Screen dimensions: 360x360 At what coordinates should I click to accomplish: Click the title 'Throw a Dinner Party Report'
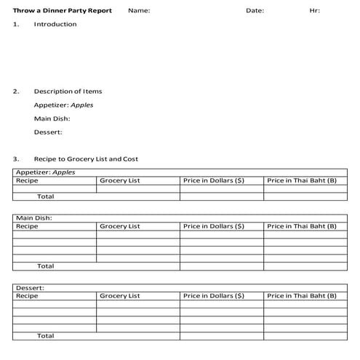click(x=62, y=11)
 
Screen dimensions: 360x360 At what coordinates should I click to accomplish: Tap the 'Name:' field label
click(x=138, y=11)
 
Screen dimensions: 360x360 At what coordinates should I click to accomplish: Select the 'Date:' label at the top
click(x=255, y=11)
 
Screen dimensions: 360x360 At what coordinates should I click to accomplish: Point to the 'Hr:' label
click(x=314, y=11)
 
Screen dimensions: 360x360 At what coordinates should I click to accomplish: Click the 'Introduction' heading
click(x=55, y=25)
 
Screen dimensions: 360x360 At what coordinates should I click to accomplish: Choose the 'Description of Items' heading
click(x=68, y=92)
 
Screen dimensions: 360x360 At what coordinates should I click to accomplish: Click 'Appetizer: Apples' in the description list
click(x=63, y=105)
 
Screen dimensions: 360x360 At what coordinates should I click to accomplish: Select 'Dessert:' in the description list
click(x=48, y=132)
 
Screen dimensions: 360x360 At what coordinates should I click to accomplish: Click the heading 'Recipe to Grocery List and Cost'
click(x=86, y=159)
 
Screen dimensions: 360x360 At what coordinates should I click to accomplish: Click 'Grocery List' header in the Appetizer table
click(x=120, y=180)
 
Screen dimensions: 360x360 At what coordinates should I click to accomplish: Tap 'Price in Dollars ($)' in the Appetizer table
click(x=213, y=180)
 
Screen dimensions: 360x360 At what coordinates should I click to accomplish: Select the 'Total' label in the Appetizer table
click(x=45, y=196)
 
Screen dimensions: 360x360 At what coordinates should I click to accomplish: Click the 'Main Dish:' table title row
click(x=33, y=218)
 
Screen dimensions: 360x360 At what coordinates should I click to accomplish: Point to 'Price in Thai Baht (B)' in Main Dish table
click(x=302, y=226)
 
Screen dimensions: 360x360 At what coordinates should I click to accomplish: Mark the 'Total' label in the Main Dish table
click(x=45, y=266)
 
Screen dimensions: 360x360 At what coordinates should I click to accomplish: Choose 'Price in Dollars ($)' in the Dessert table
click(x=213, y=296)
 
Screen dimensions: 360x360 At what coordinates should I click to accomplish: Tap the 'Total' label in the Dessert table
click(x=45, y=336)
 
